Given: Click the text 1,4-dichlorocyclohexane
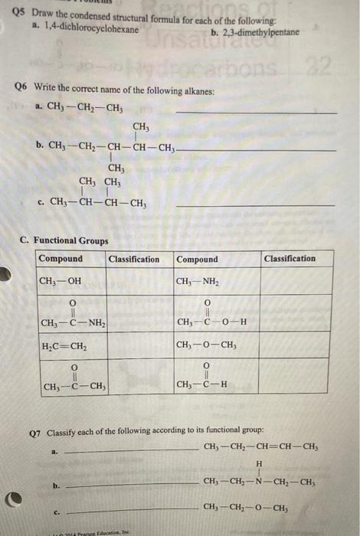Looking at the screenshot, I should pyautogui.click(x=96, y=29).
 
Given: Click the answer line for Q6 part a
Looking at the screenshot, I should pyautogui.click(x=256, y=113).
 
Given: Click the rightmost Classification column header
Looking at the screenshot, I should pyautogui.click(x=290, y=259).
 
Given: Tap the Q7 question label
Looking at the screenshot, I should pyautogui.click(x=35, y=431).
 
